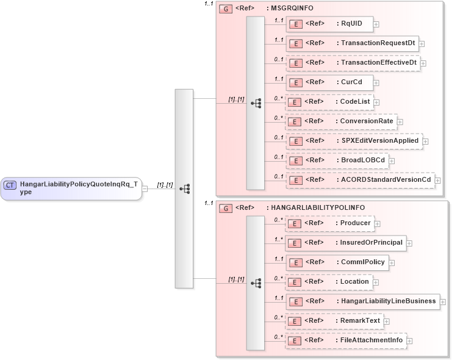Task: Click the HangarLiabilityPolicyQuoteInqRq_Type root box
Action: (71, 188)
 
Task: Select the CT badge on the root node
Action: (10, 184)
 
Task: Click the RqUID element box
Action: (329, 24)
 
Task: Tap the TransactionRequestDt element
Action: (352, 43)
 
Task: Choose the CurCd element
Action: (329, 82)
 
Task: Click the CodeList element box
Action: (329, 102)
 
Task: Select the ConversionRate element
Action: (341, 121)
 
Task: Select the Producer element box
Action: (329, 223)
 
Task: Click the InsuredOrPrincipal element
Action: (346, 243)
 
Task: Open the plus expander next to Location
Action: (377, 283)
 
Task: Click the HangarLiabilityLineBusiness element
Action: (362, 301)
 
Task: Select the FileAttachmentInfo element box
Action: (346, 340)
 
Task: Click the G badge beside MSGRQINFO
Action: (225, 9)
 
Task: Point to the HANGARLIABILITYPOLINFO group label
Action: (317, 207)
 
